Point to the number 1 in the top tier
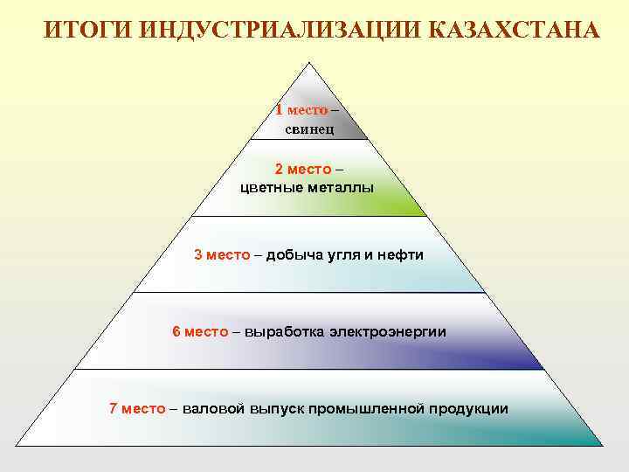(279, 110)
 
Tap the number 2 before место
(279, 169)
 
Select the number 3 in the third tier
(198, 254)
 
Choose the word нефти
(399, 254)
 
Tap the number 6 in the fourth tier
(176, 331)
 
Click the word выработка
(283, 331)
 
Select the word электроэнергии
(387, 331)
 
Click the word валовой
(214, 408)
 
